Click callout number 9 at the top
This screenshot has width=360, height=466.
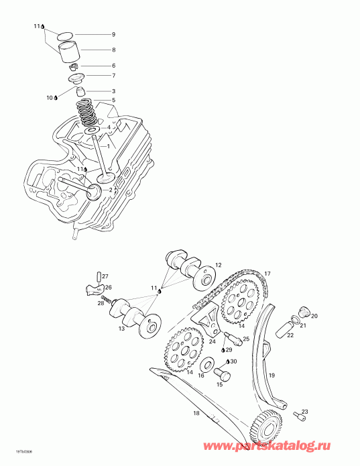(113, 34)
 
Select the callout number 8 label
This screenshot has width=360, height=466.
(113, 50)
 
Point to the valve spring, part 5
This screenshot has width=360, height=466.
(87, 111)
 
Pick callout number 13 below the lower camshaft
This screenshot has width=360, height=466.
(121, 329)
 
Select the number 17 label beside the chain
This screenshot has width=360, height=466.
(267, 274)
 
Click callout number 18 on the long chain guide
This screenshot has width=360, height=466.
(196, 413)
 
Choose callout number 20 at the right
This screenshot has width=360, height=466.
(314, 316)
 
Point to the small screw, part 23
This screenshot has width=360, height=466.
(296, 419)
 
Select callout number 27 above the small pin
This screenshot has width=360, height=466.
(105, 276)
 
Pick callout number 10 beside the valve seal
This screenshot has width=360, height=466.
(50, 98)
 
